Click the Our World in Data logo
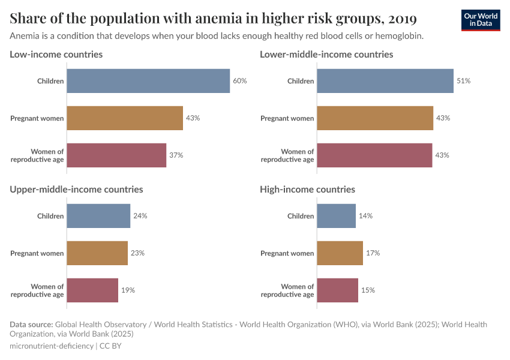tap(481, 20)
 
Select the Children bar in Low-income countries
tap(148, 81)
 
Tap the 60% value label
tap(240, 81)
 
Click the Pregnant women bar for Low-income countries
tap(124, 118)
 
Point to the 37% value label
tap(176, 155)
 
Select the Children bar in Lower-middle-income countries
tap(385, 81)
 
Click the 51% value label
tap(463, 81)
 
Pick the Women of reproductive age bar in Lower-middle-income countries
tap(374, 155)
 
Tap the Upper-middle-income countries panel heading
tap(76, 189)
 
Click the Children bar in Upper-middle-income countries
tap(98, 216)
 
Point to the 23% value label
tap(137, 253)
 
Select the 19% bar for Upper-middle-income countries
tap(92, 290)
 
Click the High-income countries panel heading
tap(307, 189)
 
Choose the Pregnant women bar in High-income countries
tap(340, 253)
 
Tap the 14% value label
tap(365, 216)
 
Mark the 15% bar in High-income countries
tap(337, 290)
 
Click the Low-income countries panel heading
tap(56, 54)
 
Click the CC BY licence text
tap(110, 346)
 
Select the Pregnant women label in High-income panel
tap(287, 253)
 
